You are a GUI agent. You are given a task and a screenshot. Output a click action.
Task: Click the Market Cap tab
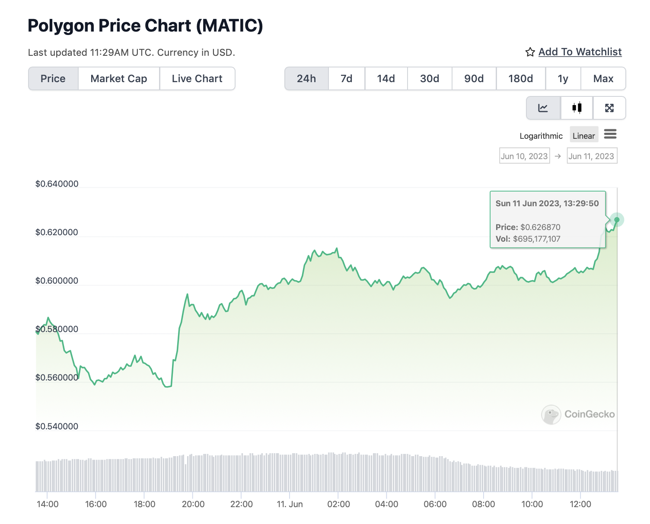pyautogui.click(x=119, y=79)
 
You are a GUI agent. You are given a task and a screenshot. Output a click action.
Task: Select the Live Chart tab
pyautogui.click(x=197, y=79)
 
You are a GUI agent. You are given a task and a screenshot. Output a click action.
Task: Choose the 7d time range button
pyautogui.click(x=346, y=79)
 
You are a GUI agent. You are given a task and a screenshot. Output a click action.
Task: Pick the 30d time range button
pyautogui.click(x=430, y=79)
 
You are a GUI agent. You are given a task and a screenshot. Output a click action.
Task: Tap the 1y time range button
pyautogui.click(x=563, y=79)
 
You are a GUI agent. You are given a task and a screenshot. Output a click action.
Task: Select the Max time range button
pyautogui.click(x=603, y=79)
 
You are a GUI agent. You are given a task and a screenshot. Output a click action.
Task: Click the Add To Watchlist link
pyautogui.click(x=580, y=52)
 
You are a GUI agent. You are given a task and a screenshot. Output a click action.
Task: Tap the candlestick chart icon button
pyautogui.click(x=577, y=108)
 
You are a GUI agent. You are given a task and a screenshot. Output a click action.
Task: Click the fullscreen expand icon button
pyautogui.click(x=609, y=108)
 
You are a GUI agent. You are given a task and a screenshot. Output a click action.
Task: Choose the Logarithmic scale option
pyautogui.click(x=541, y=136)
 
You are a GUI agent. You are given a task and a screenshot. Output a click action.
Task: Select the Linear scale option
pyautogui.click(x=583, y=136)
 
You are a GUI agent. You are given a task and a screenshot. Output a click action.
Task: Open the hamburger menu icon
pyautogui.click(x=610, y=134)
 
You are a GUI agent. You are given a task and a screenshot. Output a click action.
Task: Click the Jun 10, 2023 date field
pyautogui.click(x=524, y=156)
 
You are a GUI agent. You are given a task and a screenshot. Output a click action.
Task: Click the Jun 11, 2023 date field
pyautogui.click(x=591, y=156)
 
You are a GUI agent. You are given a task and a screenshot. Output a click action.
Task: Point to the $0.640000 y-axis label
pyautogui.click(x=57, y=184)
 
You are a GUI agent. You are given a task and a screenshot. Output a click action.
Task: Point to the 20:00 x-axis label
pyautogui.click(x=193, y=504)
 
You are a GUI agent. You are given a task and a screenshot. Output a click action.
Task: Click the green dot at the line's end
pyautogui.click(x=617, y=220)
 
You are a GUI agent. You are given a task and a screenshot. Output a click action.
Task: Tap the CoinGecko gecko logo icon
pyautogui.click(x=551, y=414)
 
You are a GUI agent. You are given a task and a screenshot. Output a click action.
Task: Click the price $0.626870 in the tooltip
pyautogui.click(x=540, y=227)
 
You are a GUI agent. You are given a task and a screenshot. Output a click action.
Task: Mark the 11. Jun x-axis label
pyautogui.click(x=290, y=504)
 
